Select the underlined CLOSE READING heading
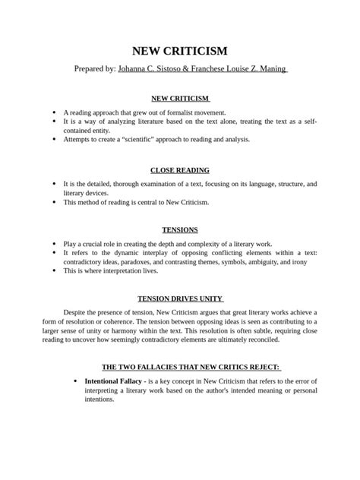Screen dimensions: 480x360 coord(180,170)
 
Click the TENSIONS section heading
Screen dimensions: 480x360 coord(180,229)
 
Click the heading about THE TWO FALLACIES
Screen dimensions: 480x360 coord(180,366)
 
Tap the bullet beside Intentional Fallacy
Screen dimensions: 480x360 coord(74,380)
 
